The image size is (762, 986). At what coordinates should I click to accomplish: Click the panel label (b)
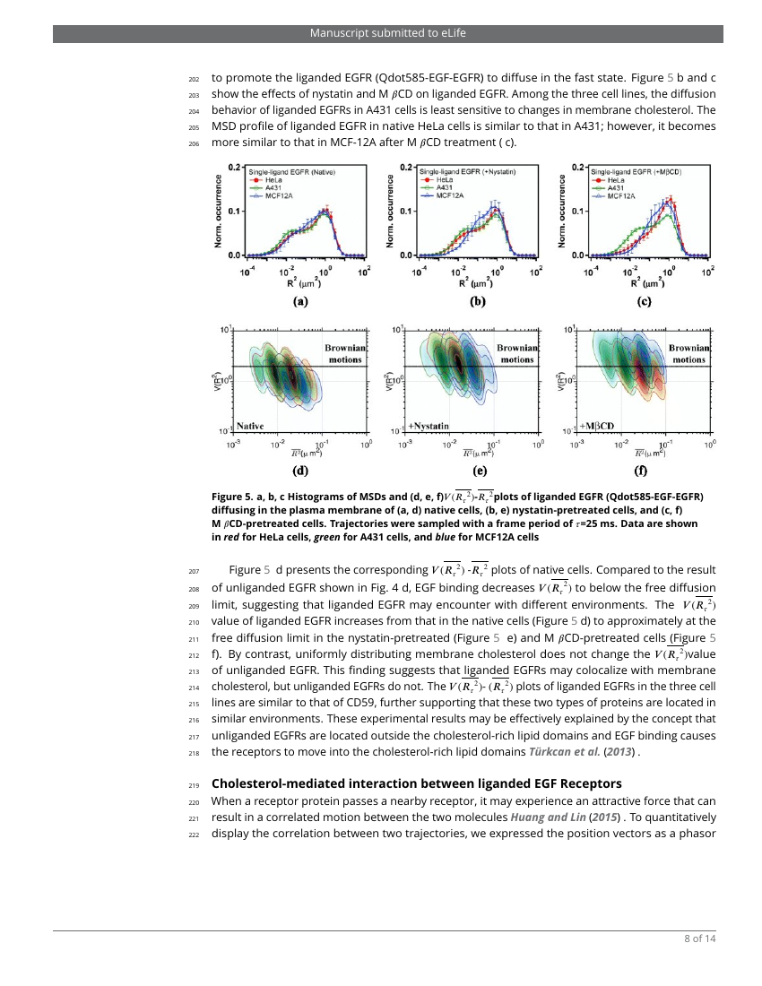477,302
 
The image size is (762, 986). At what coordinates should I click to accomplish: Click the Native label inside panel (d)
250,424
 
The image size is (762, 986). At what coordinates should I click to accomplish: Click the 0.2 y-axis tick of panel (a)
234,167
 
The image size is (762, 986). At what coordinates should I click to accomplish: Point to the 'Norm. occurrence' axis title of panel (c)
562,211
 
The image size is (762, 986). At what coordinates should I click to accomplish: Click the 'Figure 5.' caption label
232,497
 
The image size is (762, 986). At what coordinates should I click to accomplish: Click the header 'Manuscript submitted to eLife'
387,33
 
